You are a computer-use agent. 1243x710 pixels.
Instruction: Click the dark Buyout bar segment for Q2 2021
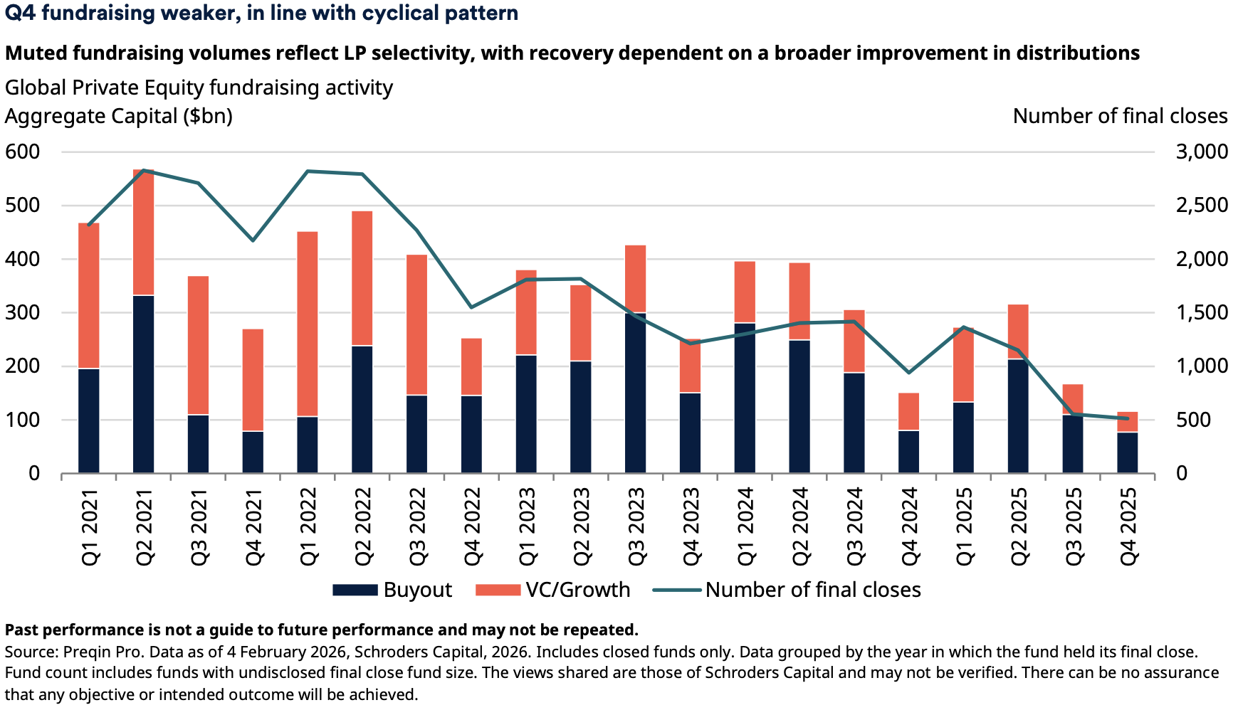click(x=143, y=384)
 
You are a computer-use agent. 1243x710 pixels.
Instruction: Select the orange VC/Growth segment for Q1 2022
click(x=308, y=324)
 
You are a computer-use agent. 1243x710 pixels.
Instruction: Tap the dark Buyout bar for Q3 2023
click(x=636, y=393)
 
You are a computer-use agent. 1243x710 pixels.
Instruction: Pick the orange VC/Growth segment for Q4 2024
click(x=908, y=411)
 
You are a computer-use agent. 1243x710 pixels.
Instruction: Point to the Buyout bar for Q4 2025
click(x=1128, y=452)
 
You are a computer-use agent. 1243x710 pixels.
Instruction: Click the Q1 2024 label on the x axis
click(x=745, y=526)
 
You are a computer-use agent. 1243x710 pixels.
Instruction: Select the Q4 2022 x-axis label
click(x=472, y=526)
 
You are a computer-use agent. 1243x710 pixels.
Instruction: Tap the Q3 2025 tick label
click(x=1073, y=526)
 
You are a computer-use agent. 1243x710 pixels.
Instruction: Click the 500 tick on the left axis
click(x=23, y=206)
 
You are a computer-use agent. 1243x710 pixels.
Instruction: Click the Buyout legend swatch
click(x=355, y=590)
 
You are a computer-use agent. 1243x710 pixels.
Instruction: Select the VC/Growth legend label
click(x=578, y=590)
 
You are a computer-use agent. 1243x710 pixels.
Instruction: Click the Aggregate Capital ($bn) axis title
click(x=119, y=116)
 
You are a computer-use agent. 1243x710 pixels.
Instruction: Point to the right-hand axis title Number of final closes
click(x=1120, y=116)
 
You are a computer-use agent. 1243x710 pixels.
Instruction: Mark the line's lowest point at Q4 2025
click(x=1128, y=418)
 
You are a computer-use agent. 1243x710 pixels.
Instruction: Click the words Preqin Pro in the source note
click(x=98, y=652)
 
